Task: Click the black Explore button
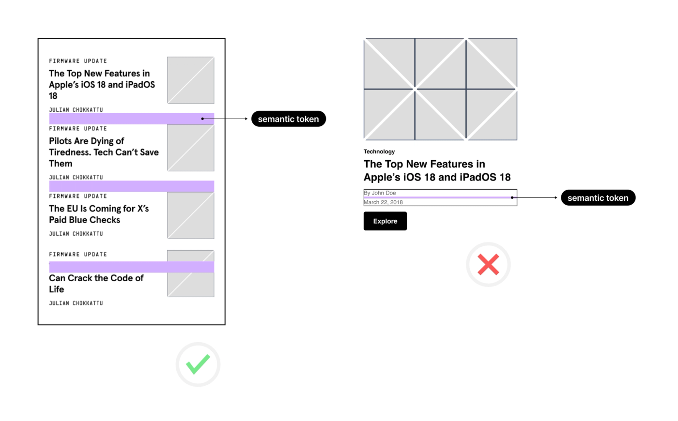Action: click(x=385, y=221)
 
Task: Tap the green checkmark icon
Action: click(x=198, y=364)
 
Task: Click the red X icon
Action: click(x=488, y=265)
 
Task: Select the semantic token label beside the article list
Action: click(x=289, y=119)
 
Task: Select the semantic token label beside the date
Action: click(x=598, y=198)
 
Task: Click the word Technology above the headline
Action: click(x=379, y=151)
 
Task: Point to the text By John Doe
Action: click(x=380, y=193)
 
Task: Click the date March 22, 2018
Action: click(x=383, y=202)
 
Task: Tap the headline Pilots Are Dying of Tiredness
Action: click(x=104, y=152)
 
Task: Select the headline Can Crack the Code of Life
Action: click(x=96, y=284)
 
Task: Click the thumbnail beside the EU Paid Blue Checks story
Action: click(x=191, y=215)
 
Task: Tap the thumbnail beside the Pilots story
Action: click(x=191, y=148)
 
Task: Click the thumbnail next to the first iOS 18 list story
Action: click(x=191, y=80)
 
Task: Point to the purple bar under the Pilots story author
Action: click(x=132, y=186)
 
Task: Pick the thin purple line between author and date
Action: click(x=438, y=197)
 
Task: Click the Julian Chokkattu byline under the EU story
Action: click(x=76, y=234)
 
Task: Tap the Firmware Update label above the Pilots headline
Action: click(x=78, y=129)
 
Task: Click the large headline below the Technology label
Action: click(x=437, y=170)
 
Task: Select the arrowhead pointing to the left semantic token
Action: click(x=247, y=119)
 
